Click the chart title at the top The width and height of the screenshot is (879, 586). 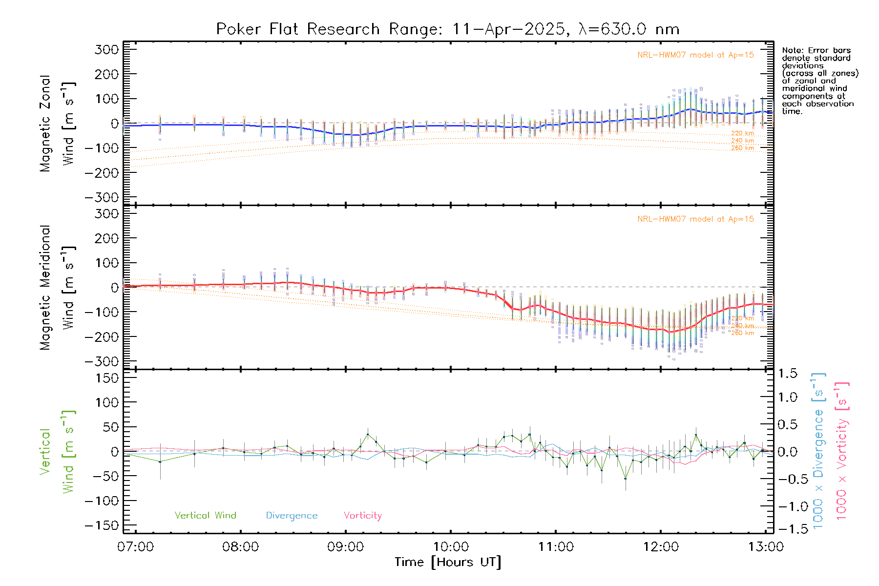pos(447,29)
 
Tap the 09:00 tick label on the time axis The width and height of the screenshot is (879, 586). pos(345,547)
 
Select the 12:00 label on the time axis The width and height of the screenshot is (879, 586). pos(661,547)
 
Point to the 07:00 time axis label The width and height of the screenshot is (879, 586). pos(135,547)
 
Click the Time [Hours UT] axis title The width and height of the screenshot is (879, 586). pos(447,563)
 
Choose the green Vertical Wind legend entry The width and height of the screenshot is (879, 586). pos(205,516)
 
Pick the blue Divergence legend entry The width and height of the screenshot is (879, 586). pos(292,516)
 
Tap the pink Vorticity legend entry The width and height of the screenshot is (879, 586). pos(362,516)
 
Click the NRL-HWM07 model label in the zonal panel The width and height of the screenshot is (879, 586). pos(695,55)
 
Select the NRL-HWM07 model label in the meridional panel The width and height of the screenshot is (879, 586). pos(695,219)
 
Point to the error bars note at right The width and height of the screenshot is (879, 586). pos(820,81)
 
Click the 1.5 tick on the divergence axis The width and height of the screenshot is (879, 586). pos(787,374)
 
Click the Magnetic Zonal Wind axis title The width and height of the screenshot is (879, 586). pos(57,123)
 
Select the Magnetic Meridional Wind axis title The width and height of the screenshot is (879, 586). pos(57,288)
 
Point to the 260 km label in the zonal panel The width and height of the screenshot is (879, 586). pos(742,148)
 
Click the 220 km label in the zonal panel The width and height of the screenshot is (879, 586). pos(742,133)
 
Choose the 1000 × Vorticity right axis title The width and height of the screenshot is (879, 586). pos(842,451)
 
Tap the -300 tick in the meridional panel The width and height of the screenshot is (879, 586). pos(102,361)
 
